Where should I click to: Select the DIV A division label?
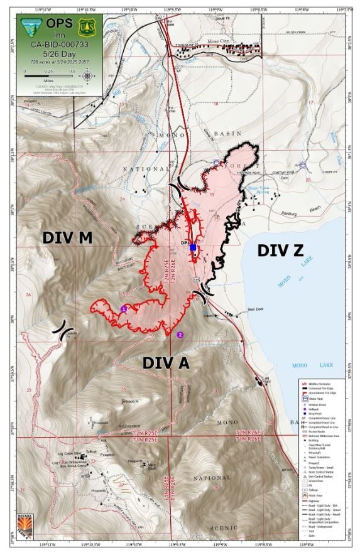[166, 362]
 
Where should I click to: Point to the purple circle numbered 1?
[124, 308]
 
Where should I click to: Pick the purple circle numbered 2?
[180, 335]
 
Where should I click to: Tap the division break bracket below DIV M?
[62, 331]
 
